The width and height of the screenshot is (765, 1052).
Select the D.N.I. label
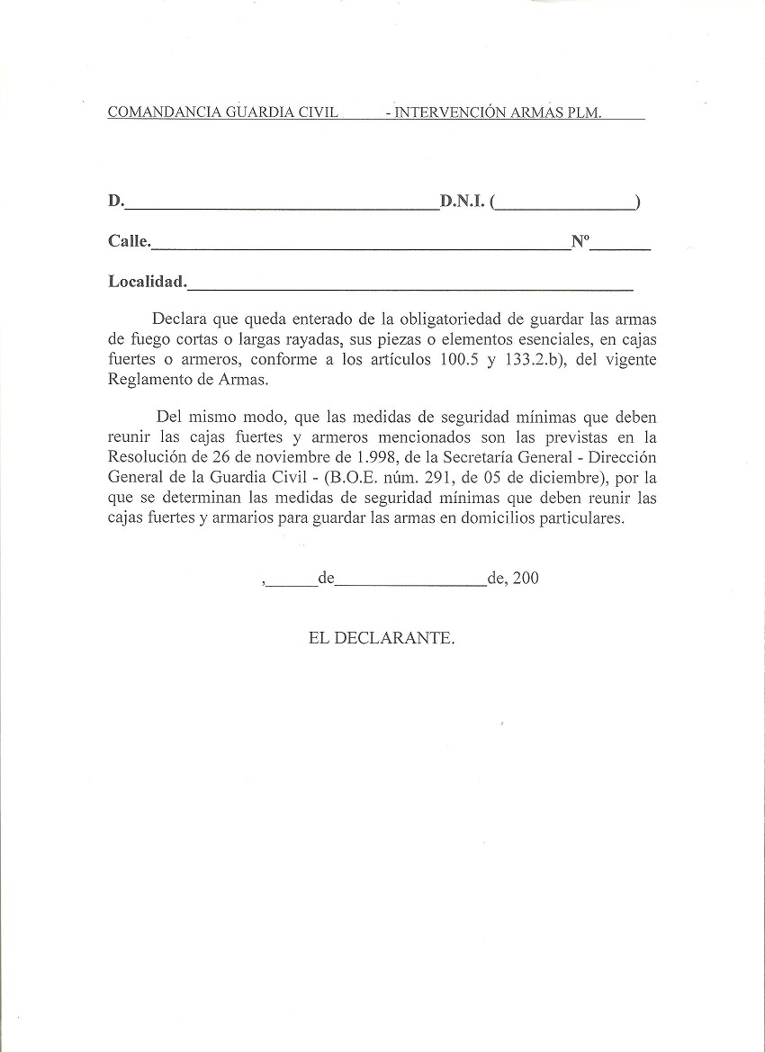(x=463, y=202)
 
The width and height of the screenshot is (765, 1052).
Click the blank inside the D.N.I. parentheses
(x=564, y=204)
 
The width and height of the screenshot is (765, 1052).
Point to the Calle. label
(x=130, y=241)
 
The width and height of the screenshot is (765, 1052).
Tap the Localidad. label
(x=148, y=282)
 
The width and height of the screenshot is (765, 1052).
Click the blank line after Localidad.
(x=410, y=285)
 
